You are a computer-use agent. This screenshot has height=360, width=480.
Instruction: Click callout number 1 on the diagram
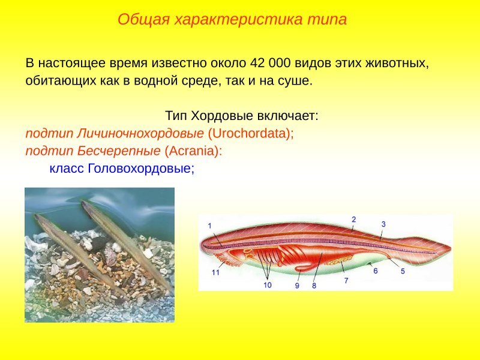[210, 226]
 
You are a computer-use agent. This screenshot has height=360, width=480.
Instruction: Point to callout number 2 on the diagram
[354, 219]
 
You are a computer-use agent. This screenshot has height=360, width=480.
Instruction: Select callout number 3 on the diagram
[383, 224]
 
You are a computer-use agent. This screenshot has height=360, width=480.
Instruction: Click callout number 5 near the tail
[403, 271]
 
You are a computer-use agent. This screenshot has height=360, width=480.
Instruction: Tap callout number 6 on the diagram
[376, 271]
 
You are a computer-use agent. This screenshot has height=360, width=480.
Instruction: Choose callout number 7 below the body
[346, 280]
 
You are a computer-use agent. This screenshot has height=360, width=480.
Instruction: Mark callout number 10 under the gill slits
[267, 285]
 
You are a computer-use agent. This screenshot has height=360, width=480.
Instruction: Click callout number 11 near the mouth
[215, 272]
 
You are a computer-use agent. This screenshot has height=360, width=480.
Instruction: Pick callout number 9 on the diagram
[297, 286]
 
